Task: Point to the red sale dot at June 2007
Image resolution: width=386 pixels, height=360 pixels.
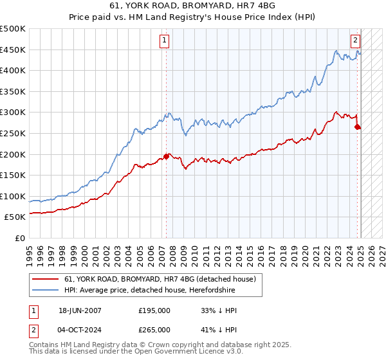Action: tap(167, 156)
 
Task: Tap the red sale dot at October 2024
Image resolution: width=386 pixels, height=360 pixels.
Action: tap(358, 127)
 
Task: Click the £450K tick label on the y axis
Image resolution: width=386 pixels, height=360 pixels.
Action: tap(14, 50)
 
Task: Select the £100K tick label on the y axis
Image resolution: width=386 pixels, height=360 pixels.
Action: tap(14, 196)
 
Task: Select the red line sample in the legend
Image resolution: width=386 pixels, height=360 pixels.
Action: tap(46, 279)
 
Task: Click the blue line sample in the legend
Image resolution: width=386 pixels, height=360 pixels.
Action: tap(46, 289)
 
